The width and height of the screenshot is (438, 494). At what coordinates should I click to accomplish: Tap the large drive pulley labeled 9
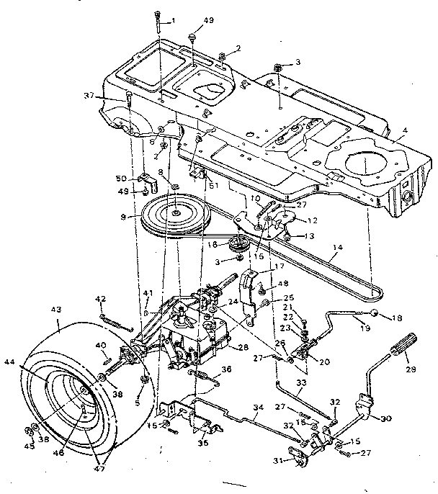click(x=176, y=213)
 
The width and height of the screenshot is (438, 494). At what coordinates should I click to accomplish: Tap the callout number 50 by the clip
click(x=122, y=179)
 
